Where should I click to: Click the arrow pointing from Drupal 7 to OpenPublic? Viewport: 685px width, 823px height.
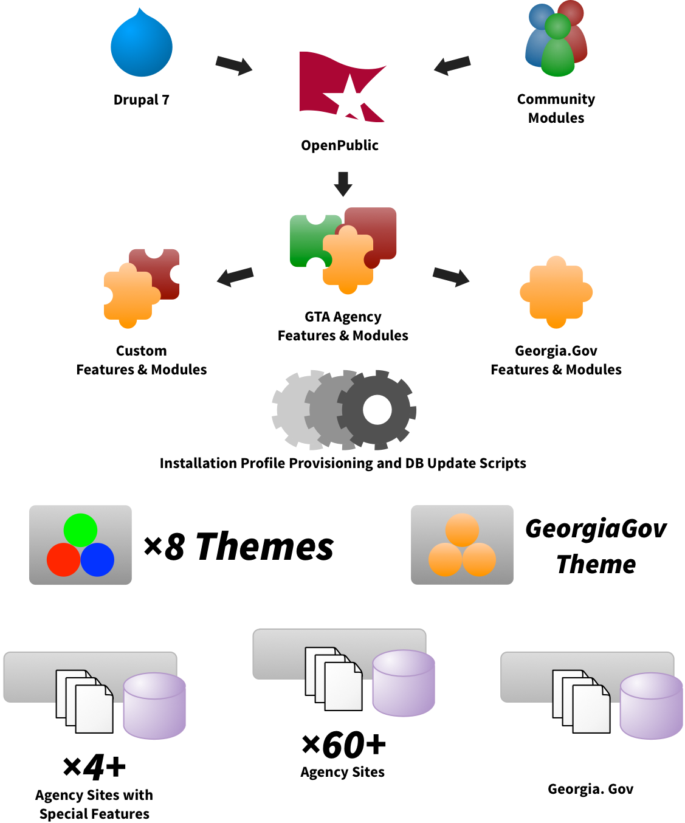click(x=234, y=64)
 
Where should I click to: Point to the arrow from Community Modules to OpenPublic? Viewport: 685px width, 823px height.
click(x=452, y=64)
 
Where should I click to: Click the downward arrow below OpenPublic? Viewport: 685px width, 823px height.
click(x=343, y=184)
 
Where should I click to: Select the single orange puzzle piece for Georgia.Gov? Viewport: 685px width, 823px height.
click(x=556, y=292)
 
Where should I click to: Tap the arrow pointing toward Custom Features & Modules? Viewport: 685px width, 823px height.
click(x=235, y=276)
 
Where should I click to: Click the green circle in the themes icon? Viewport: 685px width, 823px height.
click(x=80, y=530)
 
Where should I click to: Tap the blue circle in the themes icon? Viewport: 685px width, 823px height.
click(x=97, y=560)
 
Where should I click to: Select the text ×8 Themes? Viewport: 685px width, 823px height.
click(x=238, y=546)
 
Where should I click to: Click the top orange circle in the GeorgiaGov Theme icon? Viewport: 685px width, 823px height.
click(x=462, y=529)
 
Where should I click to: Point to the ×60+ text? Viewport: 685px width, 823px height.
click(x=343, y=745)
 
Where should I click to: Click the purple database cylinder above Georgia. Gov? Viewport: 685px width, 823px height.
click(x=651, y=706)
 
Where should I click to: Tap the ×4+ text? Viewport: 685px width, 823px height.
click(x=94, y=767)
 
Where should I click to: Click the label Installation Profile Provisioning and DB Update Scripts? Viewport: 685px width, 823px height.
click(x=343, y=463)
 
